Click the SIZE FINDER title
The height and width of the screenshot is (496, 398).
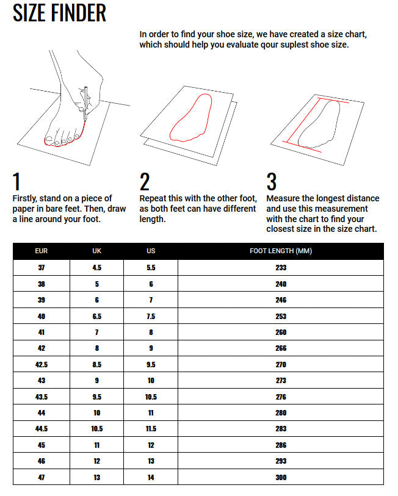click(x=59, y=13)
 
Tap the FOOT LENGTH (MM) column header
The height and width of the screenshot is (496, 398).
click(x=281, y=251)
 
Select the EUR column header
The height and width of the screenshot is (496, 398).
click(x=41, y=251)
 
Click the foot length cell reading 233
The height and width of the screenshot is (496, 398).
click(x=281, y=268)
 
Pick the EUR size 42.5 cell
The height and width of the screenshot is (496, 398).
click(x=41, y=364)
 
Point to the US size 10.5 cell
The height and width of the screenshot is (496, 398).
click(x=151, y=397)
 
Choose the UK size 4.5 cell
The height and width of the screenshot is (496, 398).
click(x=96, y=268)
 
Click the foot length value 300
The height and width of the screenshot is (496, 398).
click(x=281, y=477)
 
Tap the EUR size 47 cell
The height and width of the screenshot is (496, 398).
click(x=41, y=477)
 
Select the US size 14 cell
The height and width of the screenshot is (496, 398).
click(x=151, y=477)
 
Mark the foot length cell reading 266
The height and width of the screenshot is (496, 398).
click(x=281, y=348)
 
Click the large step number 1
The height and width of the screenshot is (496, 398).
click(x=16, y=181)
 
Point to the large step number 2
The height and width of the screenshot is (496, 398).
click(x=145, y=181)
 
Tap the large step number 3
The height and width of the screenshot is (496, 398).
click(x=272, y=181)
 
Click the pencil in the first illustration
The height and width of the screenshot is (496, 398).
click(x=85, y=104)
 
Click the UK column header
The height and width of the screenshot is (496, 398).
click(x=96, y=251)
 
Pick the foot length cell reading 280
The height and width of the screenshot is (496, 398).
click(x=281, y=413)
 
